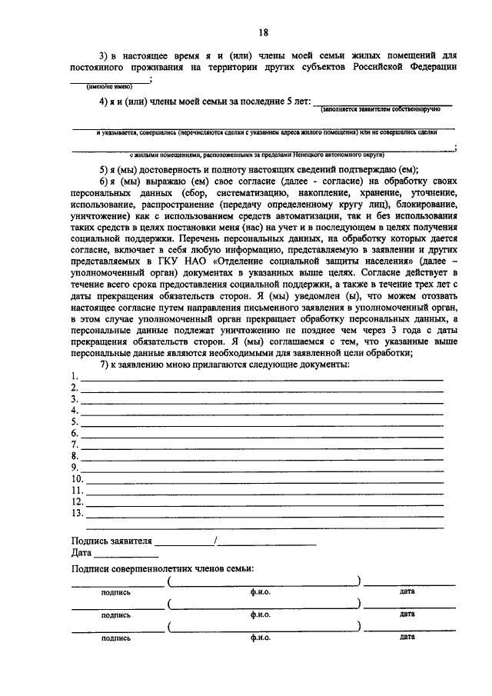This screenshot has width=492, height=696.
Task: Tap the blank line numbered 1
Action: click(x=261, y=378)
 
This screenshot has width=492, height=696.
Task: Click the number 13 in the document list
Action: click(x=76, y=513)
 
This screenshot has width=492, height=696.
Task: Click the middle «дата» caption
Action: click(x=407, y=614)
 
